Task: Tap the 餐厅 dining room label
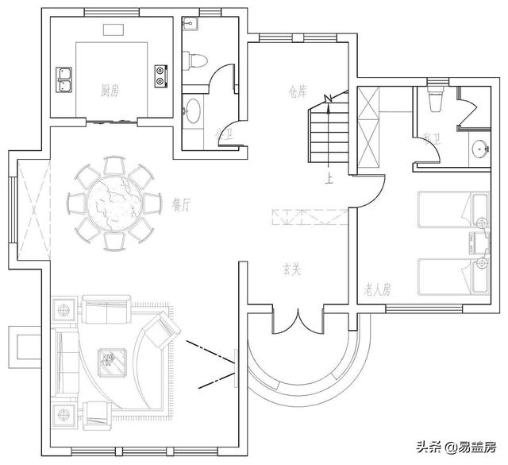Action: [x=182, y=203]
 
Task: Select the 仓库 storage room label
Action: [x=299, y=90]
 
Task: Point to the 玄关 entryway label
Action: [x=292, y=270]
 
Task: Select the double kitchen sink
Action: [x=64, y=79]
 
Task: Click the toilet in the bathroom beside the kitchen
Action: [x=195, y=58]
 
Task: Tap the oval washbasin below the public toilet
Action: [x=194, y=110]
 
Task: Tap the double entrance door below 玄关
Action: [x=298, y=322]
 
